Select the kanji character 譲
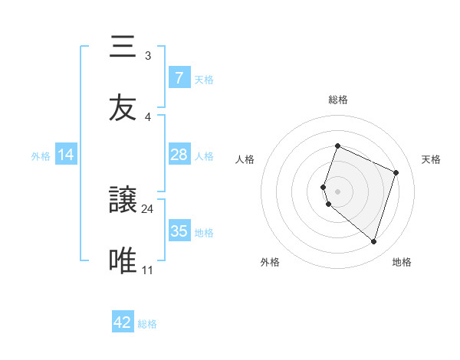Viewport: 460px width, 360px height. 123,201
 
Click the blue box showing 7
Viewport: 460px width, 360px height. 179,78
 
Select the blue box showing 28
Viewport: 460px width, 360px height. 179,155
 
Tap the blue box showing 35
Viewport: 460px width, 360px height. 179,231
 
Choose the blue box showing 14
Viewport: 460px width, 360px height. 66,155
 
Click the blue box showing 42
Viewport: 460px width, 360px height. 122,322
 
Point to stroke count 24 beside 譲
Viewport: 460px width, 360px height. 148,209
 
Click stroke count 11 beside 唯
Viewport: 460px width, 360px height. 148,270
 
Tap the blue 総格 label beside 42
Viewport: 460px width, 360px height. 147,324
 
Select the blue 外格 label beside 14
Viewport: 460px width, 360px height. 41,156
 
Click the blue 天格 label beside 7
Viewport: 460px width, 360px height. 204,80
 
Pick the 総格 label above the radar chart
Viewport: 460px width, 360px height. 337,100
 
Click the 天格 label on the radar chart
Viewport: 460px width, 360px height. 431,159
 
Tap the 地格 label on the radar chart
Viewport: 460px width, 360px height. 402,262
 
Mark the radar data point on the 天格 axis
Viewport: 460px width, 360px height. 396,172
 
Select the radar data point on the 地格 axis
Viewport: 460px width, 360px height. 373,242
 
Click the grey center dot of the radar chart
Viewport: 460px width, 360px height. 337,191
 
